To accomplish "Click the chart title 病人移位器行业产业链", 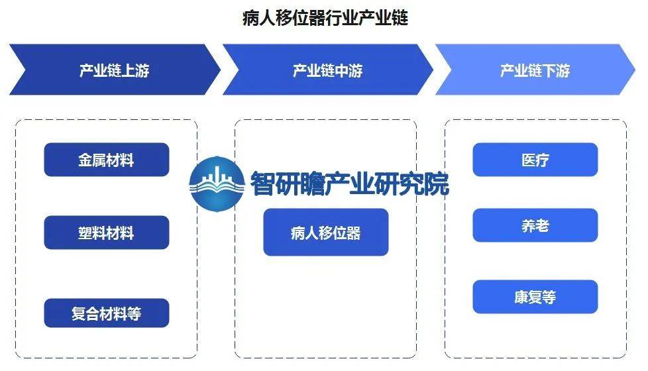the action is [325, 18].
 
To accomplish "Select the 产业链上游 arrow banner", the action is [115, 70].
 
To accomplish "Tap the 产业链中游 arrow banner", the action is [328, 70].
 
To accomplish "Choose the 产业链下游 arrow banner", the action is [535, 70].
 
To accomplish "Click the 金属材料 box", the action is [107, 160].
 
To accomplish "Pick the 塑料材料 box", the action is [107, 233].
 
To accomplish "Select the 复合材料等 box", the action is [107, 313].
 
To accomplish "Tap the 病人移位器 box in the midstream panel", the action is [325, 232].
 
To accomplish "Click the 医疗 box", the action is [535, 160].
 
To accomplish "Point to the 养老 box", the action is [535, 225].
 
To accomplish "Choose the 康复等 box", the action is [535, 297].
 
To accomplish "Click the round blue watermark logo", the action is [217, 184].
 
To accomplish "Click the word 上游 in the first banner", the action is [136, 71].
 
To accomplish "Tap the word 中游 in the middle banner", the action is [349, 71].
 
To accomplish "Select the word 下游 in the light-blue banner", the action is [557, 71].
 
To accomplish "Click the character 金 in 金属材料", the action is [85, 160].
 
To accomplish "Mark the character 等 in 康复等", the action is [549, 297].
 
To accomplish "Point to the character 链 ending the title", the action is [400, 18].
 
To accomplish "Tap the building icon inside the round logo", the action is [217, 177].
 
